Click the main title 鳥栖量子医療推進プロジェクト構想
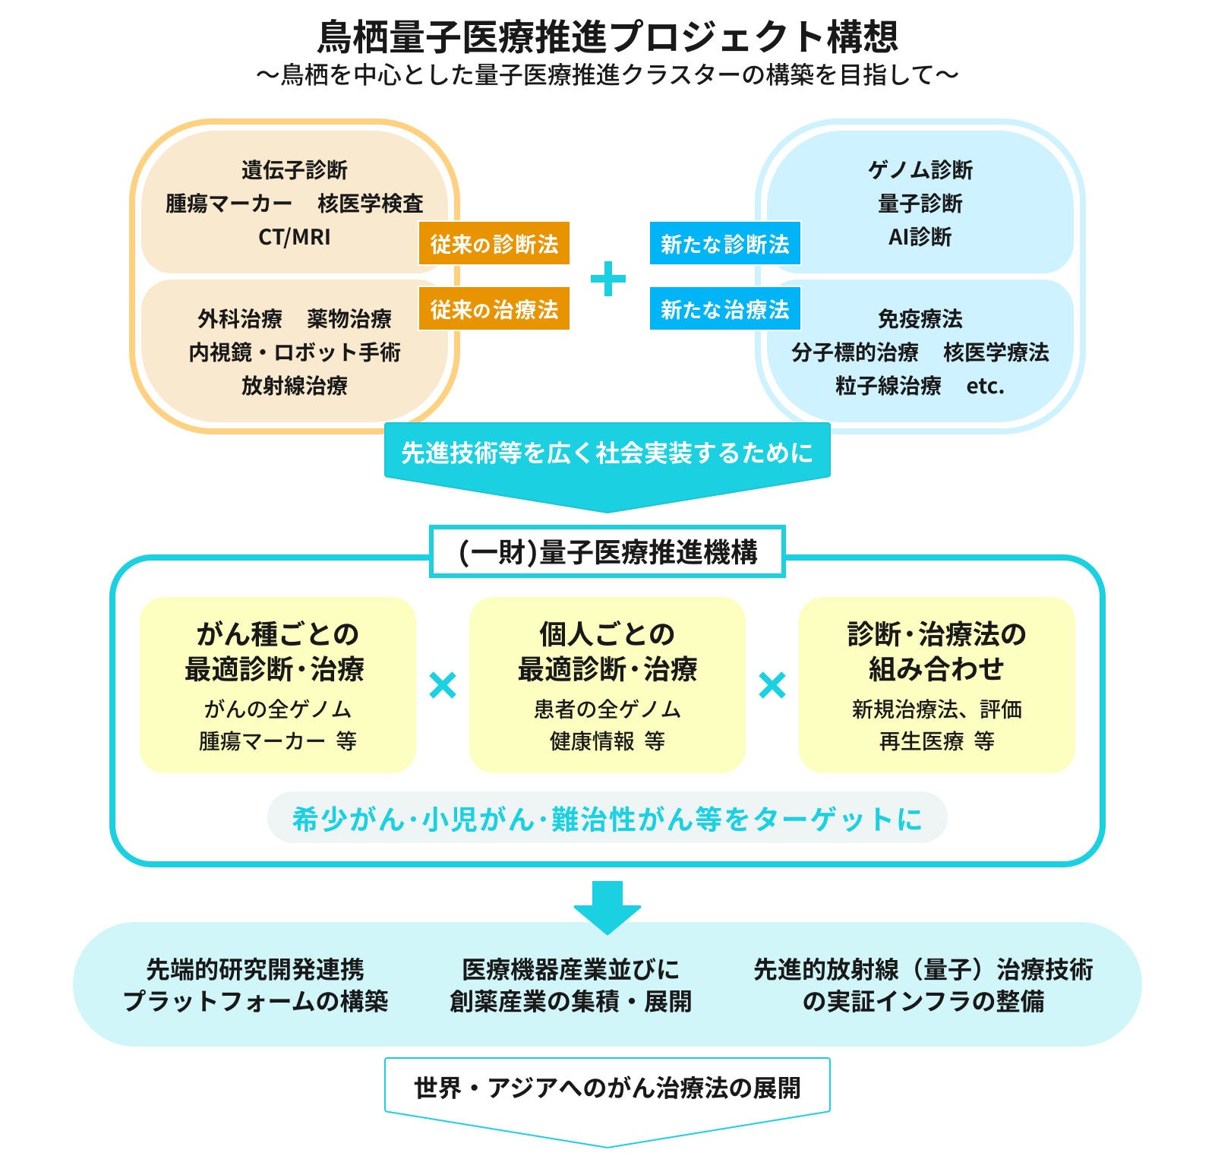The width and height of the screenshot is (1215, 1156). click(x=607, y=36)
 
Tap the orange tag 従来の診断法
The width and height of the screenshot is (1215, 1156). click(x=494, y=244)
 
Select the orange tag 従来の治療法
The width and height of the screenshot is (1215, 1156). click(x=494, y=308)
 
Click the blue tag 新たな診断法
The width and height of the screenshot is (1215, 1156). click(x=725, y=244)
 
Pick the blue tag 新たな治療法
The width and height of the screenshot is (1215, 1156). click(x=725, y=308)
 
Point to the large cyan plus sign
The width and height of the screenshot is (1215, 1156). click(x=608, y=279)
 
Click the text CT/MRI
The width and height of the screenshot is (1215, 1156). click(x=295, y=237)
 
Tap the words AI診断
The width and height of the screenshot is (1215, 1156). click(x=920, y=237)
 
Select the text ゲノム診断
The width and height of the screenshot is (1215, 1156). click(x=920, y=170)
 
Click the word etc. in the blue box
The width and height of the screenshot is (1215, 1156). click(x=985, y=386)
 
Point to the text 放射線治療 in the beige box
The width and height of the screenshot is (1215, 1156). click(x=295, y=386)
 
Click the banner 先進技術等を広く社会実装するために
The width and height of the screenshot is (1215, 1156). click(x=607, y=453)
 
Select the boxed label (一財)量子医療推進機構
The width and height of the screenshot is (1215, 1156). click(x=607, y=551)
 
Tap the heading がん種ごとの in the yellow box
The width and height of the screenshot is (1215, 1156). click(x=277, y=633)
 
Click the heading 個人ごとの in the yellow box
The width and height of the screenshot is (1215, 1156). click(x=607, y=633)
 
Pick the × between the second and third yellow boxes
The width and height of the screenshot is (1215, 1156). click(x=772, y=686)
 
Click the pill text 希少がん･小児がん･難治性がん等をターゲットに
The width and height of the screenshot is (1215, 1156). click(x=607, y=818)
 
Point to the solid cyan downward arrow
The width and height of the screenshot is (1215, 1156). click(x=607, y=907)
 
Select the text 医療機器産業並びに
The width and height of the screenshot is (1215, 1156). click(x=571, y=969)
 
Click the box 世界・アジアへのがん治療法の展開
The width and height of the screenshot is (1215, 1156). click(x=607, y=1088)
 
